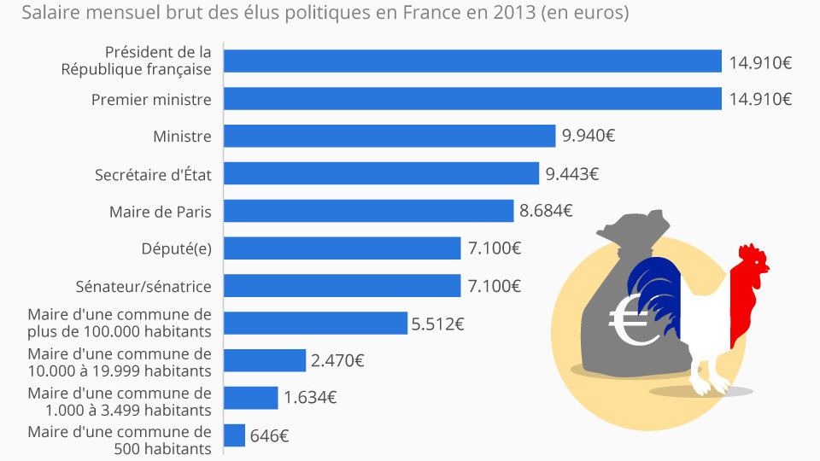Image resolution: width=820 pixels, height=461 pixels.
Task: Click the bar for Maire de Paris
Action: point(368,211)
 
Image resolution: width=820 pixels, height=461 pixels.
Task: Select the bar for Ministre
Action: point(389,136)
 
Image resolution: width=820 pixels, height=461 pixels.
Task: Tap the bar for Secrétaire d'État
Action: point(381,174)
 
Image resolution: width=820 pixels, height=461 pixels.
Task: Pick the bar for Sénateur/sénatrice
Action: point(342,285)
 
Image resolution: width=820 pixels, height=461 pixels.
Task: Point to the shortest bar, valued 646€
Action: point(234,435)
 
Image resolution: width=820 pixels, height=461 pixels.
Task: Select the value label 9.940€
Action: point(589,136)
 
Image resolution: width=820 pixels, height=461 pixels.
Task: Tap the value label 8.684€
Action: point(545,211)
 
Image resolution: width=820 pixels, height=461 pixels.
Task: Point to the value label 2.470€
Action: point(337,361)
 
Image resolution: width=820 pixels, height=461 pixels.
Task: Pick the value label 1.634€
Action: point(309,398)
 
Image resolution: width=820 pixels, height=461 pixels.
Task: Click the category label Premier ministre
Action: point(151,99)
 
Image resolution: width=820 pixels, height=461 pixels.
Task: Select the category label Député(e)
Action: point(176,248)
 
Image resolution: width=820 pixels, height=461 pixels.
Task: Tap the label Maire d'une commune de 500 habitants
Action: point(119,441)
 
